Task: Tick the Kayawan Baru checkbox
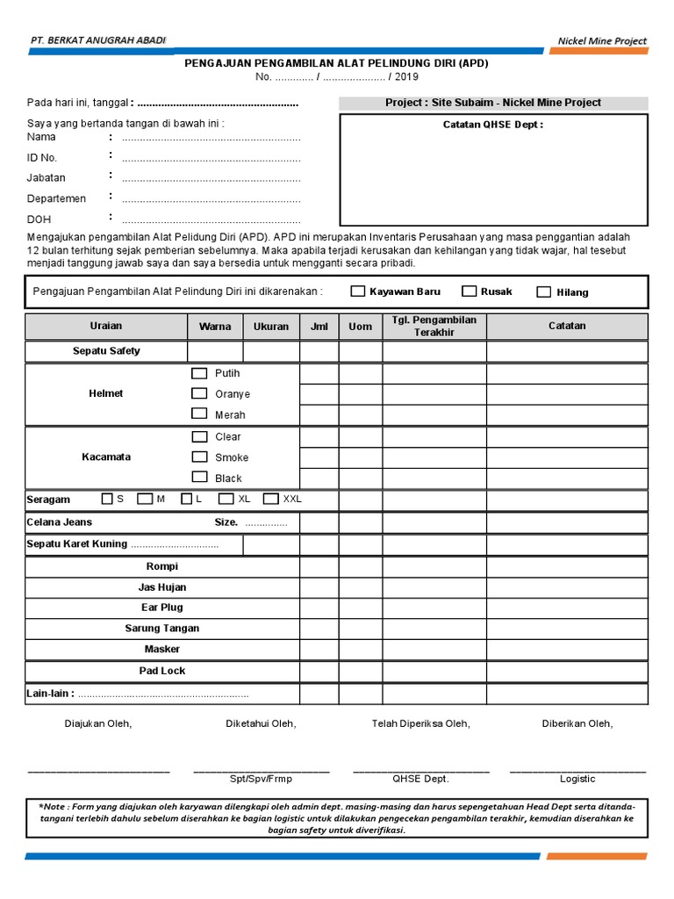click(358, 291)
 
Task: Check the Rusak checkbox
click(470, 291)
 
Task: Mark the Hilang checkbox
click(544, 292)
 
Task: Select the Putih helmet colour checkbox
click(200, 373)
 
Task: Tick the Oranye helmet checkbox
click(200, 393)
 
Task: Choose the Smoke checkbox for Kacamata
click(200, 457)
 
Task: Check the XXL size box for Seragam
click(270, 499)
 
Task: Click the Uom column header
click(360, 327)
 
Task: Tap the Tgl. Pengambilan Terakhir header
click(434, 326)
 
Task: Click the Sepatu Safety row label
click(106, 351)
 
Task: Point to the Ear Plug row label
click(162, 608)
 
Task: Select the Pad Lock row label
click(162, 671)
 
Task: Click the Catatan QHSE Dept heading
click(493, 125)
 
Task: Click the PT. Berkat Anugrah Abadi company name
click(97, 40)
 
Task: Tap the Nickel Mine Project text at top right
click(602, 41)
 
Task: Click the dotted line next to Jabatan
click(211, 180)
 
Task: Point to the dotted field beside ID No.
click(211, 159)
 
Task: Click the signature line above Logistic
click(577, 770)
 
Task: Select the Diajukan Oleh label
click(97, 723)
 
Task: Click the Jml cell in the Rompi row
click(319, 566)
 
